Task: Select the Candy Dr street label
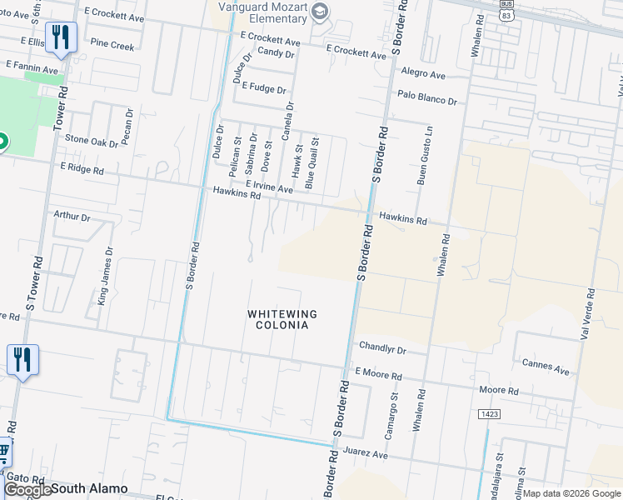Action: coord(277,52)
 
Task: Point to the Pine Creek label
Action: coord(112,46)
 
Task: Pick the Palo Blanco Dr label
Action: coord(427,99)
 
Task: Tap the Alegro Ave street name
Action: coord(423,74)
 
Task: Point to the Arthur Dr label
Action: coord(72,216)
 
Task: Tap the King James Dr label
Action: coord(106,275)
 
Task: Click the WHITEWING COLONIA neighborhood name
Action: coord(278,319)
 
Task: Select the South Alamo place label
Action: coord(90,488)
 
